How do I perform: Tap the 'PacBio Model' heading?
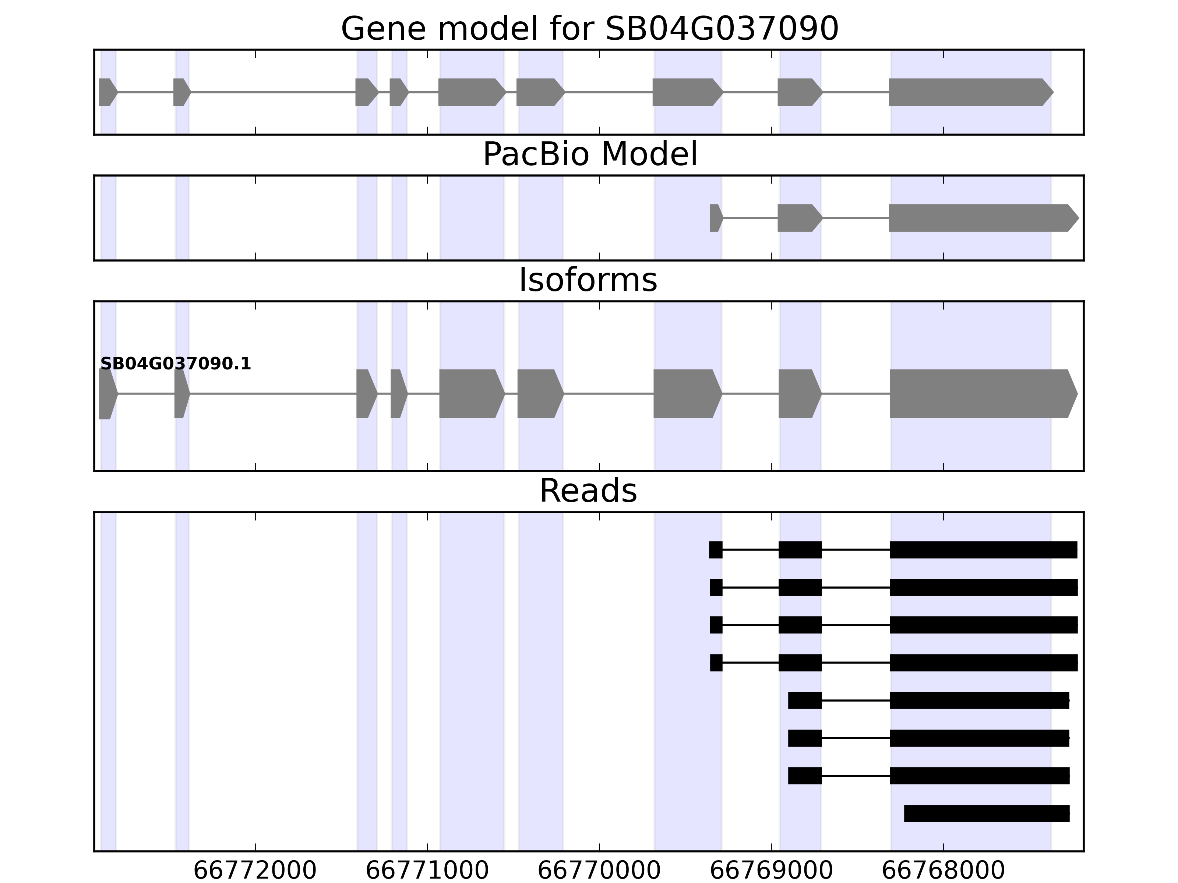point(589,155)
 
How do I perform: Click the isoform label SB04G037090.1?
point(175,364)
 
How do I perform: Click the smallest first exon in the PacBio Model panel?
point(716,218)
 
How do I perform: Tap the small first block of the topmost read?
point(716,550)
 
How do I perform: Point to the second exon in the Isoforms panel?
point(181,394)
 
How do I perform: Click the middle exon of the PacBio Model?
point(799,218)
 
